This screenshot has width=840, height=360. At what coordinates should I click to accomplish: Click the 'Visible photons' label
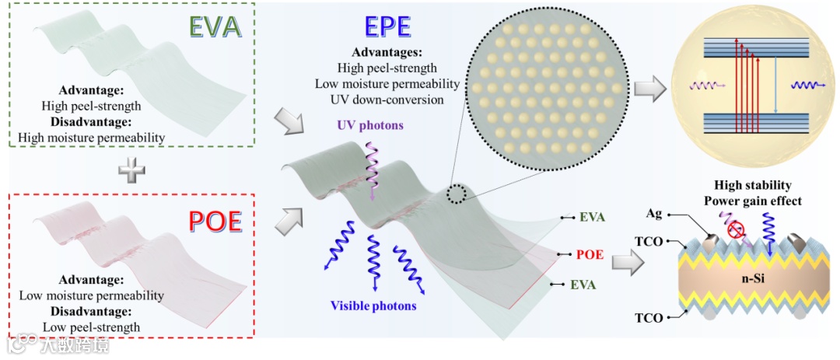373,306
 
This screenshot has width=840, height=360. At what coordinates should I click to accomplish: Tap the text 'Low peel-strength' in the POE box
91,327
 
